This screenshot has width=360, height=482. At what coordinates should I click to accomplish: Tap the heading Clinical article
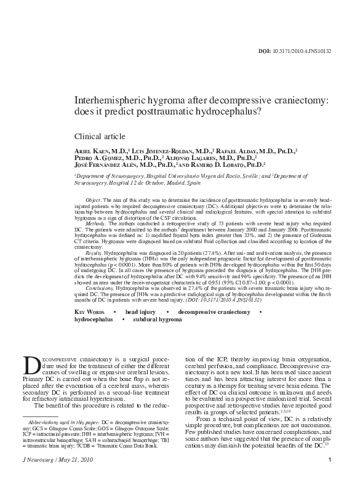100,136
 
